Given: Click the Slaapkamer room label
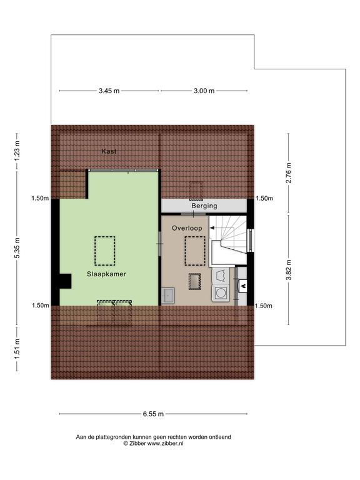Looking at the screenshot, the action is click(106, 274).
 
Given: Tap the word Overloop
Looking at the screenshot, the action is click(187, 228).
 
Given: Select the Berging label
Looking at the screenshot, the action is click(204, 206).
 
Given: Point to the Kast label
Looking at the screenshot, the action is click(109, 151).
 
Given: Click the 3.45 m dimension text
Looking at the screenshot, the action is click(109, 91).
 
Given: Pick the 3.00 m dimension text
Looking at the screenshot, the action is click(204, 91).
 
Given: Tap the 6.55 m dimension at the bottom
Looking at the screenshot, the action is click(153, 414).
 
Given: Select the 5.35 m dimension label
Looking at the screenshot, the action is click(17, 248).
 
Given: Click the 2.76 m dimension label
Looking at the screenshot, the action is click(288, 173).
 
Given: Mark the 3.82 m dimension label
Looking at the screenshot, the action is click(288, 270).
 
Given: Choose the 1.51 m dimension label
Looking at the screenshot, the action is click(17, 349).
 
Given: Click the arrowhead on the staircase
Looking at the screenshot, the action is click(211, 228).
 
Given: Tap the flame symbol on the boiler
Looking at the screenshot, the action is click(243, 286).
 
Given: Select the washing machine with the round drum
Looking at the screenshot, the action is click(221, 293).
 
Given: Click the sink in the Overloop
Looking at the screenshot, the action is click(167, 296).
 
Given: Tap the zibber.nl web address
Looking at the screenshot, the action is click(165, 443).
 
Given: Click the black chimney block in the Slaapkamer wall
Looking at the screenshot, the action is click(65, 281).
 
